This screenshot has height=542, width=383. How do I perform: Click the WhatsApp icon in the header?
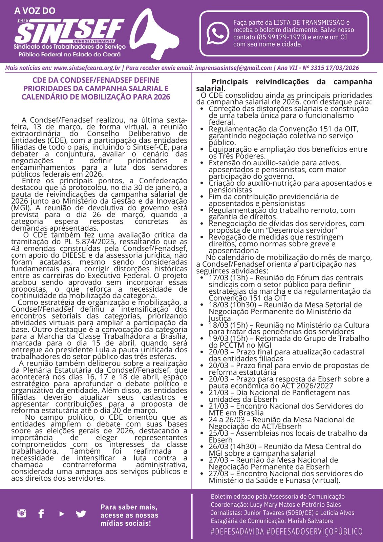point(218,33)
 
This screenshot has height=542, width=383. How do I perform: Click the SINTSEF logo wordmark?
point(69,31)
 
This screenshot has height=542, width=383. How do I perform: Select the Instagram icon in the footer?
point(22,513)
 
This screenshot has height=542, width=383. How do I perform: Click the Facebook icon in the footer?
point(41,514)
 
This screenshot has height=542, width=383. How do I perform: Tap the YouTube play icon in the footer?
point(62,514)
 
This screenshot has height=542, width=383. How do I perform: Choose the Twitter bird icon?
point(81,514)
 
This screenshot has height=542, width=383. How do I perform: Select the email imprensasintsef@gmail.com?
point(233,68)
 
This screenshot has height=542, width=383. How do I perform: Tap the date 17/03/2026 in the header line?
point(342,68)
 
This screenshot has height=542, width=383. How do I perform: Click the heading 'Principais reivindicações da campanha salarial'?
point(284,85)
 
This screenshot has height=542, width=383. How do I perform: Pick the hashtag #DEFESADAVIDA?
point(237,531)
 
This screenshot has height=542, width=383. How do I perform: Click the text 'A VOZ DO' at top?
point(35,11)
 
